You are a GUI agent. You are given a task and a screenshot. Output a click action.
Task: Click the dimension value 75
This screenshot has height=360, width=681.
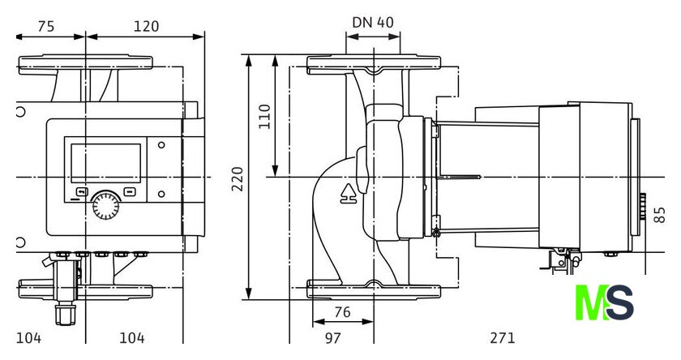pos(46,27)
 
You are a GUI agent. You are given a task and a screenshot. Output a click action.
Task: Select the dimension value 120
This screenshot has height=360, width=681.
pos(146,27)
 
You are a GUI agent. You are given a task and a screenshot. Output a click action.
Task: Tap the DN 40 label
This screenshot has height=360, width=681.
pos(373,22)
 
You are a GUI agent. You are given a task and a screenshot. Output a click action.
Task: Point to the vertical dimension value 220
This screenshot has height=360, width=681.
pos(237,178)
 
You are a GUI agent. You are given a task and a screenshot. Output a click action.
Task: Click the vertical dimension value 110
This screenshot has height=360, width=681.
pos(264,117)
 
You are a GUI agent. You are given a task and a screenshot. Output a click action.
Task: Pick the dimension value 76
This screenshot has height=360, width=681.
pos(342,312)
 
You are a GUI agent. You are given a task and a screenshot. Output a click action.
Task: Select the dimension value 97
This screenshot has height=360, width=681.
pos(332,338)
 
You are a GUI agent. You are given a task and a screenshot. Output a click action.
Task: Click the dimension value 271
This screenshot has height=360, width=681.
pos(503,338)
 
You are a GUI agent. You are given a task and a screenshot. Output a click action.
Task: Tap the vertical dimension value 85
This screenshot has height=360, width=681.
pos(659,215)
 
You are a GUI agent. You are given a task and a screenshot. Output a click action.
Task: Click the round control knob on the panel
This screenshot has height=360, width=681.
pos(106,205)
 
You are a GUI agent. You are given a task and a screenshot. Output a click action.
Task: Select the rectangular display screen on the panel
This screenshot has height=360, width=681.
pos(106,163)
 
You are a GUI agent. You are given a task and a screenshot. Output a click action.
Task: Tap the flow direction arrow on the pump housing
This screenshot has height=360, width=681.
pos(349,194)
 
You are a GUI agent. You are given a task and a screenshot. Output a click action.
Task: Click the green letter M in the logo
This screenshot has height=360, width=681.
pos(591,302)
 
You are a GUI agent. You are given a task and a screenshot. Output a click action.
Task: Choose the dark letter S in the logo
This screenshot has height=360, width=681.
pos(619,302)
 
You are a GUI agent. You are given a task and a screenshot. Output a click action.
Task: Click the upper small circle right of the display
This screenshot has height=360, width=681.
pos(161,145)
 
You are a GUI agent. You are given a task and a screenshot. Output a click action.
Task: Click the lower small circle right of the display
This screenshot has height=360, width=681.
pos(161,194)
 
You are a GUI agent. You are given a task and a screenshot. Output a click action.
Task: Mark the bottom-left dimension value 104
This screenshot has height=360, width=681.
pos(28,338)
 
